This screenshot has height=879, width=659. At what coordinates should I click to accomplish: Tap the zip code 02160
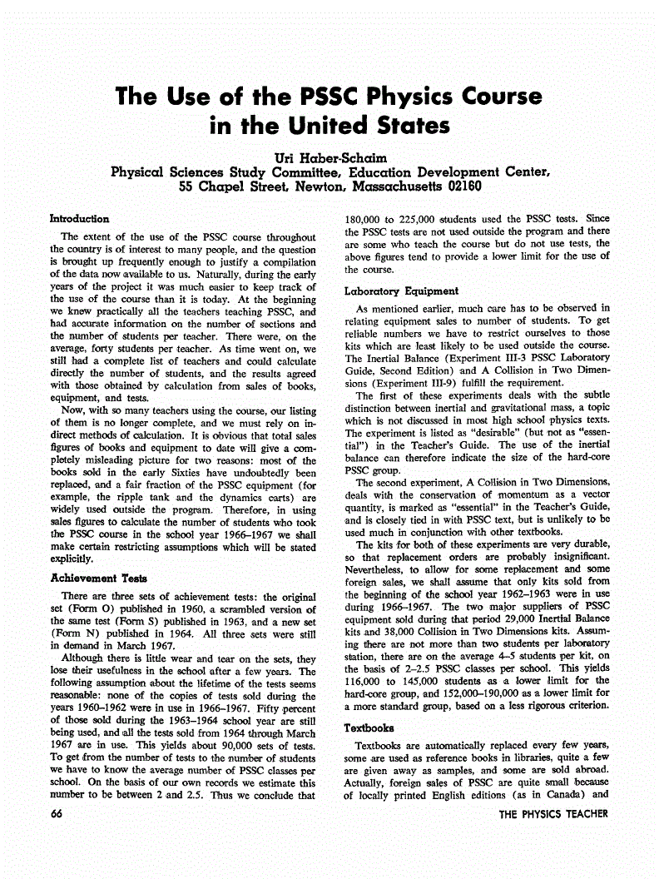point(453,186)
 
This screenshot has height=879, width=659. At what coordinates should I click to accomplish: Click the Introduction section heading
point(79,219)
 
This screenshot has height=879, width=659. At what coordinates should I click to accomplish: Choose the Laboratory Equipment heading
point(401,291)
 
